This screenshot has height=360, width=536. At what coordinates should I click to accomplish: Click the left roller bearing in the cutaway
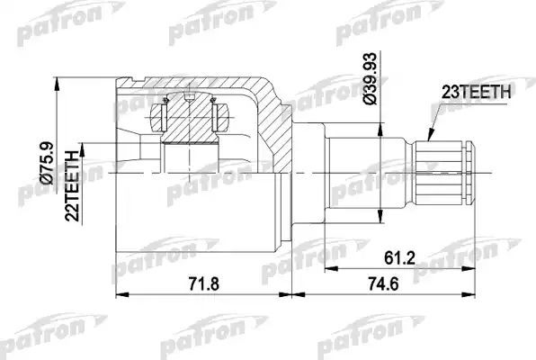point(164,118)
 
